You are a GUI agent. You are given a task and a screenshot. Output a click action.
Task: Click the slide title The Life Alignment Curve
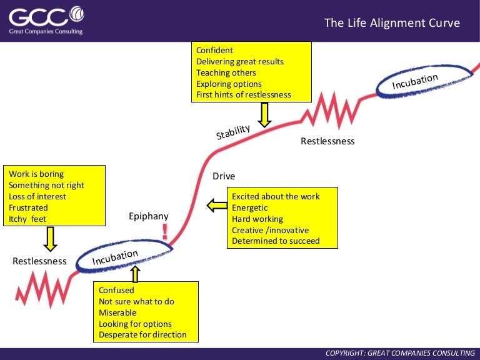click(x=392, y=23)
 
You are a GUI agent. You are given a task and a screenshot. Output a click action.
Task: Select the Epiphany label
click(x=148, y=216)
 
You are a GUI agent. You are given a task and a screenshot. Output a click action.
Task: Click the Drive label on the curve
click(x=224, y=176)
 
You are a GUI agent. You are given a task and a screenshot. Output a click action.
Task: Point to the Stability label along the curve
click(x=233, y=132)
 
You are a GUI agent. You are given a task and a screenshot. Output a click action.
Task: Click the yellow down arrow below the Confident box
click(x=264, y=114)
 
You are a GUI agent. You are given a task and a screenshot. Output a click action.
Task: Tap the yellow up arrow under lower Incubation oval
click(x=136, y=273)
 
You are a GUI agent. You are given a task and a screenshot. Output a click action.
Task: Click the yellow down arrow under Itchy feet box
click(x=51, y=239)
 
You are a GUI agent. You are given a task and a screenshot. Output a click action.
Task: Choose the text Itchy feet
click(x=27, y=219)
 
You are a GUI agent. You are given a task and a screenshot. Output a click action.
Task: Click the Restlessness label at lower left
click(x=39, y=261)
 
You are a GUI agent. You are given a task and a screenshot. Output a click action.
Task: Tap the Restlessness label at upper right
click(x=327, y=141)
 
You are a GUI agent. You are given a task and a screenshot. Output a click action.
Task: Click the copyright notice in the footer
click(x=401, y=353)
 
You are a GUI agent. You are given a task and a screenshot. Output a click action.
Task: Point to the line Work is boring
click(x=36, y=174)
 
